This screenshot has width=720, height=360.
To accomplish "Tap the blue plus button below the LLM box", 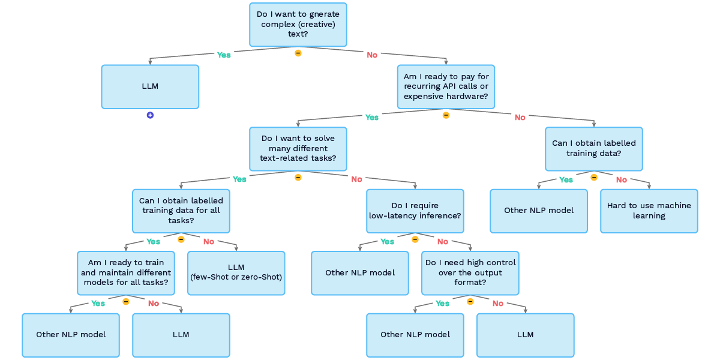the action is point(150,115).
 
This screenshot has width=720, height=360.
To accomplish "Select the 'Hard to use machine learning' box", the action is point(649,211).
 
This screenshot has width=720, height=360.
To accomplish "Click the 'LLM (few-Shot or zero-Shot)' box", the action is point(236,273).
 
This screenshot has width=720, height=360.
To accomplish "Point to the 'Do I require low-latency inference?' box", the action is point(415,211).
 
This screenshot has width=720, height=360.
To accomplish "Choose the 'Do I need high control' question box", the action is point(470,273).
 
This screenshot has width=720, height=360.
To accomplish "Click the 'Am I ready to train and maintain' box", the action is point(126,273).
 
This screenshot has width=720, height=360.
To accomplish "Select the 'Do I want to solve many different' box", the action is point(298,149).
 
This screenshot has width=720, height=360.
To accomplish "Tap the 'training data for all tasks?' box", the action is point(181,211).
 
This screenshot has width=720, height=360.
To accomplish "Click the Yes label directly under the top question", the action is point(224,55).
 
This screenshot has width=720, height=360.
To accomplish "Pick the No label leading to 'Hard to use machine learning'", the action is point(622,179).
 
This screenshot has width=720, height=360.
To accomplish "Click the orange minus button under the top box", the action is point(298,53).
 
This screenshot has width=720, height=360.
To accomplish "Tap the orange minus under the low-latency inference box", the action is point(415,239).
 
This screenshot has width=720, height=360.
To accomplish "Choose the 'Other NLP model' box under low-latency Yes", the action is point(360,273).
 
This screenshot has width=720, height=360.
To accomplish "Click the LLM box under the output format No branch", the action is point(525,335).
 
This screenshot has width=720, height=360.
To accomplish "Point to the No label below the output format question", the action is point(498,304).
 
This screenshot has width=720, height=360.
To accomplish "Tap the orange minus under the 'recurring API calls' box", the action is point(446,115).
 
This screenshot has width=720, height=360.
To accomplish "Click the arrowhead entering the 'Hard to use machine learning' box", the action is point(649,187).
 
